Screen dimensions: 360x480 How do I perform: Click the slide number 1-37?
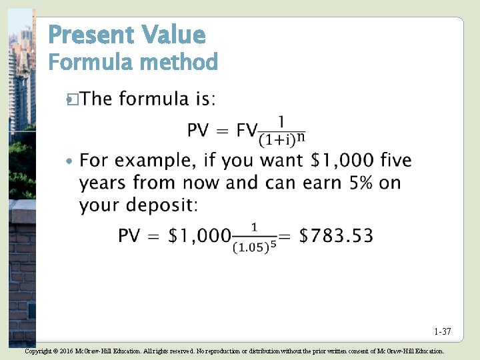[x=442, y=331]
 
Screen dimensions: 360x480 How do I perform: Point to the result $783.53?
[x=336, y=236]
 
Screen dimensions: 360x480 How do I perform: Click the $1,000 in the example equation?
[x=199, y=236]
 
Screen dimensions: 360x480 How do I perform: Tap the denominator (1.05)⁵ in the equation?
[x=253, y=247]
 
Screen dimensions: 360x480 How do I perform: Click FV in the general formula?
[x=247, y=130]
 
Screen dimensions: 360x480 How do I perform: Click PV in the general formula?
[x=198, y=130]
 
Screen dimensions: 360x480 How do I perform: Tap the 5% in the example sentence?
[x=361, y=183]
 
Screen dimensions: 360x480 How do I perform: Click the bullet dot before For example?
[x=71, y=162]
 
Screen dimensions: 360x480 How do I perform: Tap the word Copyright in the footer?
[x=38, y=351]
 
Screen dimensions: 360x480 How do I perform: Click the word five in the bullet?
[x=396, y=161]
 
